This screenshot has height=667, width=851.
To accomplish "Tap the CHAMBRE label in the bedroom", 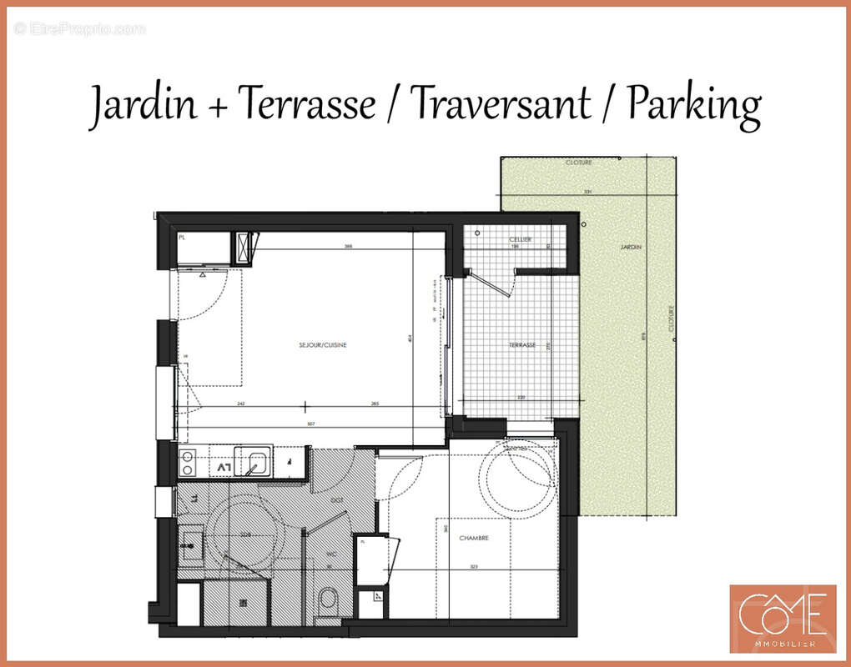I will click(473, 538).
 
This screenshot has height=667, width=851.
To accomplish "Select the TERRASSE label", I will click(522, 345).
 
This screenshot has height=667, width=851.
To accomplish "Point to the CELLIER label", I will click(521, 239).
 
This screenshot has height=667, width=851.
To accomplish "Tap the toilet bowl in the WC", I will click(328, 599).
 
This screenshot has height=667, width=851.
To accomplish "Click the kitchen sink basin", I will click(253, 461).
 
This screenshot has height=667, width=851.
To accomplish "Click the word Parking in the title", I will click(694, 105).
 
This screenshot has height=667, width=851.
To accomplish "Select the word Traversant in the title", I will click(501, 105).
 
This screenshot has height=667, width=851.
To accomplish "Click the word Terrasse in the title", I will click(306, 105).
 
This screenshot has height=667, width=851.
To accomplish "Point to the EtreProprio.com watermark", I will click(79, 28).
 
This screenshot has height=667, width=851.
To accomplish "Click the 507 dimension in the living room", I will click(310, 424).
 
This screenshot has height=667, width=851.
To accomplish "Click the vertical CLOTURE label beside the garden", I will click(672, 319).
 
